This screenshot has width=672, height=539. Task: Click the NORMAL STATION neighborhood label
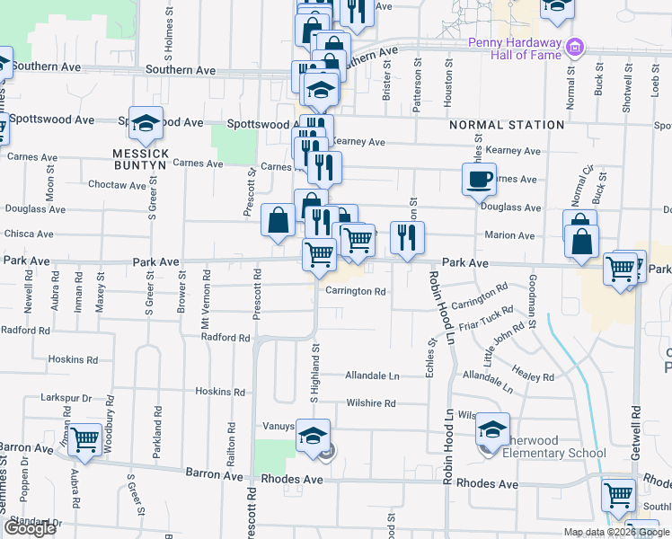coord(508,125)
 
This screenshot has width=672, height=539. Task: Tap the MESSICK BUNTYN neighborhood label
coord(141,154)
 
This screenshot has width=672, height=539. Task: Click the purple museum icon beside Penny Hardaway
coord(576,45)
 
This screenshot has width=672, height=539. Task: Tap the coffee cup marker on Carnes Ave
coord(479,178)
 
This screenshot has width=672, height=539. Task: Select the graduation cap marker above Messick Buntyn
coord(146,124)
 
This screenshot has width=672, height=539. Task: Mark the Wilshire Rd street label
coord(370,403)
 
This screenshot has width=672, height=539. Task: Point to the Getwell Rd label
coord(635,433)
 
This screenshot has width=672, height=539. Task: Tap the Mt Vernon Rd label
coord(206,305)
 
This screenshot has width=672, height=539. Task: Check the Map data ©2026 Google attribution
coord(616,532)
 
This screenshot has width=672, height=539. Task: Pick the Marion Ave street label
coord(509,235)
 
